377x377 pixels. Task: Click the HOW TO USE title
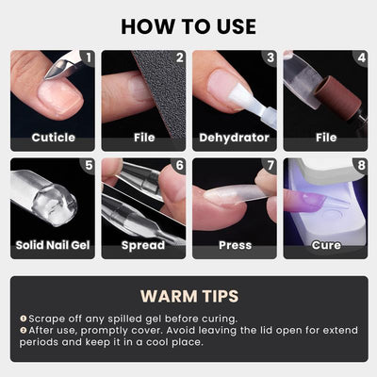(188, 25)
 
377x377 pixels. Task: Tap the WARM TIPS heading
(188, 295)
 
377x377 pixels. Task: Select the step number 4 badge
(360, 58)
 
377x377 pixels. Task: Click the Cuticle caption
(53, 138)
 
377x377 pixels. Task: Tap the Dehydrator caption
(235, 138)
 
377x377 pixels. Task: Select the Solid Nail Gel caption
(53, 245)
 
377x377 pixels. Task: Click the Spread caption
(143, 245)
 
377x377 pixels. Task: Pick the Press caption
(235, 245)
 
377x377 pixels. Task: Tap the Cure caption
(325, 245)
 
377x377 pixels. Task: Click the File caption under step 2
(143, 138)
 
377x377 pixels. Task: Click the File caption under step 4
(325, 138)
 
